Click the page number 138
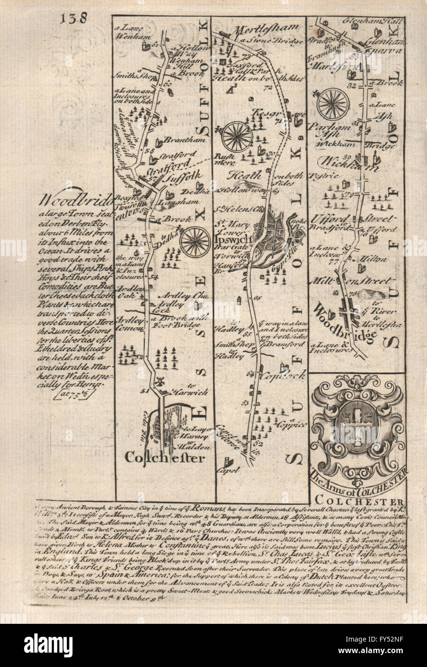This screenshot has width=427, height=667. coord(74,18)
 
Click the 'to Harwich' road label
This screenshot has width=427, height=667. coord(195,392)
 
